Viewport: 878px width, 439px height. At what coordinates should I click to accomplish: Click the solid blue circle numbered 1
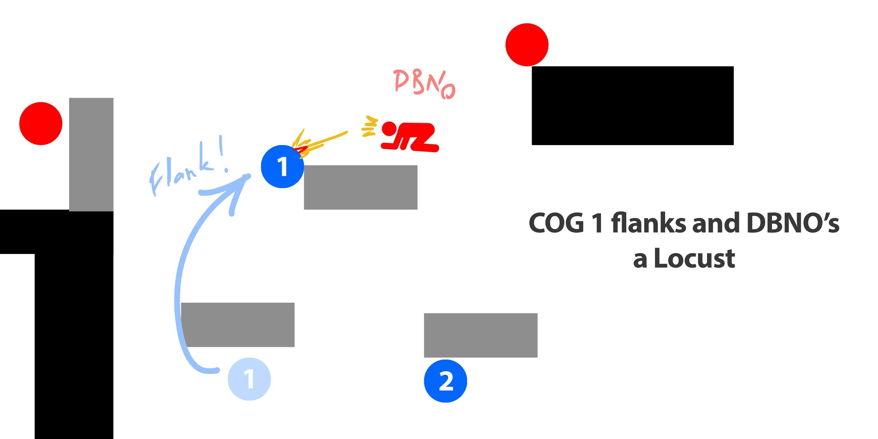[282, 166]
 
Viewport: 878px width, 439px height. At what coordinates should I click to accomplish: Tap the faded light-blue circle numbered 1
[249, 379]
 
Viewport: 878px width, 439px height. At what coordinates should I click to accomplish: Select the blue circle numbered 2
[445, 381]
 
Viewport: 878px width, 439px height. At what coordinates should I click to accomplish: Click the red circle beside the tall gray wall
[41, 124]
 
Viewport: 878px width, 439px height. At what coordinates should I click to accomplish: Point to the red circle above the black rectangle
[527, 45]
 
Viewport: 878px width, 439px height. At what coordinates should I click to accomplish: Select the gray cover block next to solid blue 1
[360, 188]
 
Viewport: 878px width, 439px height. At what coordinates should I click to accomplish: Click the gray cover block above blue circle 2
[480, 335]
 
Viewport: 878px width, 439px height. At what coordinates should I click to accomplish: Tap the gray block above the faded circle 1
[238, 325]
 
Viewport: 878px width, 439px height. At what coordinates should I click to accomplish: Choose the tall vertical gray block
[91, 155]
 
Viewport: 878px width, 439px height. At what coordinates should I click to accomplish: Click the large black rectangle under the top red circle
[633, 105]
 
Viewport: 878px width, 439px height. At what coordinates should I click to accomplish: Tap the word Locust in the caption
[694, 258]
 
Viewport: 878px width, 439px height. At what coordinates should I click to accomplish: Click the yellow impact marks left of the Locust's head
[369, 126]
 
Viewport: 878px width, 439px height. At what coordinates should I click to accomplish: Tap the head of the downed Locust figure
[389, 129]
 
